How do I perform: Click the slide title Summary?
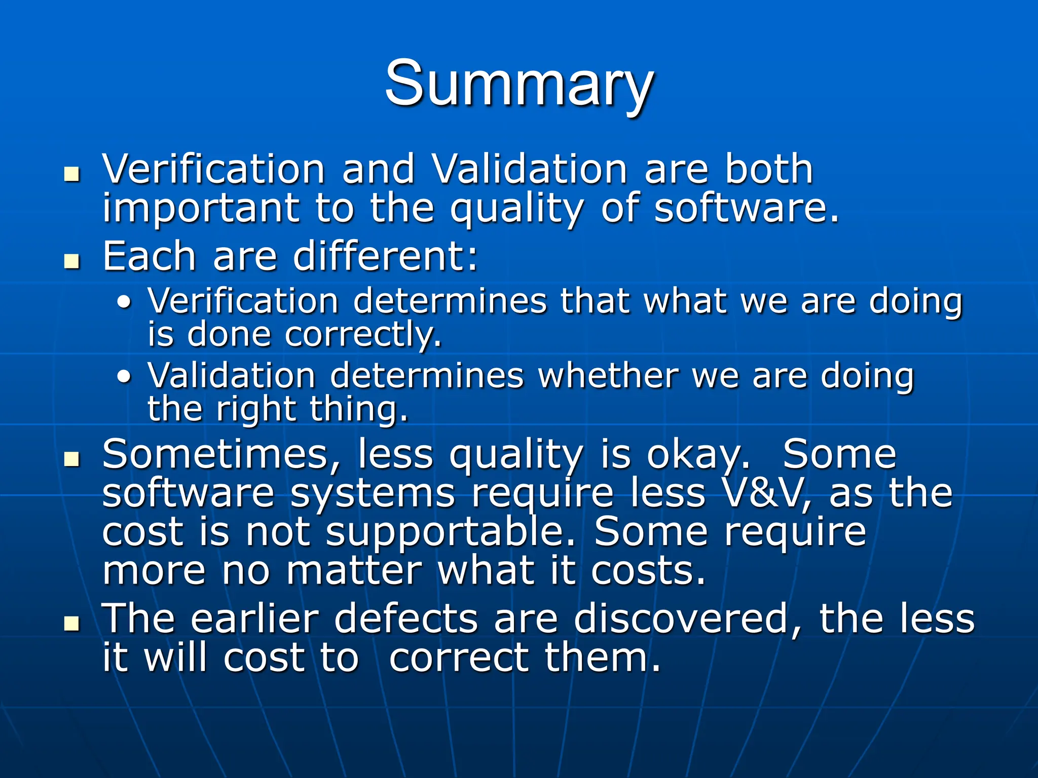[x=519, y=84]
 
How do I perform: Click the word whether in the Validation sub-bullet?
[x=608, y=376]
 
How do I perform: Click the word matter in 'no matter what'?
[x=354, y=571]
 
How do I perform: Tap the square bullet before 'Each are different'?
[x=72, y=262]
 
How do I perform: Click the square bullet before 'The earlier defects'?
[x=72, y=624]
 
